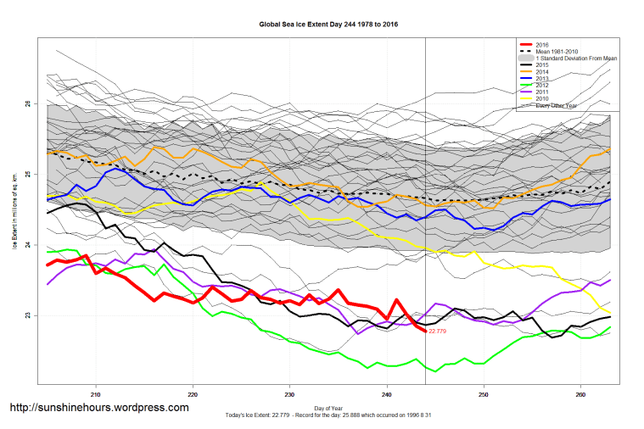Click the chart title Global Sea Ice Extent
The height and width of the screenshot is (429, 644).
pyautogui.click(x=328, y=25)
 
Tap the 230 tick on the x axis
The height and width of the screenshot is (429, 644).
pyautogui.click(x=290, y=394)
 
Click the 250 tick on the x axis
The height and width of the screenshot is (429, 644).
pyautogui.click(x=484, y=394)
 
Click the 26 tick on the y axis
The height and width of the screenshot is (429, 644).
pyautogui.click(x=28, y=104)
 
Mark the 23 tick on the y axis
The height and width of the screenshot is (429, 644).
pyautogui.click(x=28, y=316)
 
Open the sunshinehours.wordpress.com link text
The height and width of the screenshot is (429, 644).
pyautogui.click(x=98, y=408)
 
